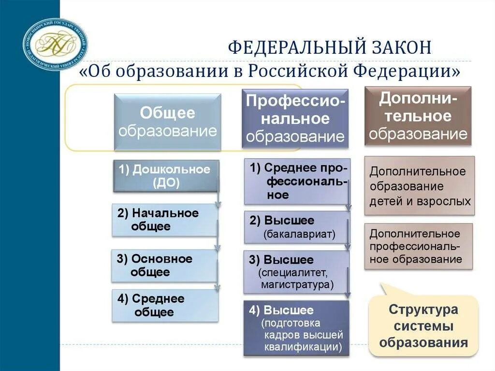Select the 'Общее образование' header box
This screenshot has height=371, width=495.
coord(168,122)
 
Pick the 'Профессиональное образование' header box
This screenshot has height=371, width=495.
coord(295,119)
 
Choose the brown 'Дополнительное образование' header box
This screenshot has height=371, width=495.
coord(418,116)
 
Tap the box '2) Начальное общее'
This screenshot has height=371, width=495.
coord(164,220)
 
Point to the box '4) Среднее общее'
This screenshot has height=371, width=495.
coord(164,306)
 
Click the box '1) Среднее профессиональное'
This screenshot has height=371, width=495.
coord(297,181)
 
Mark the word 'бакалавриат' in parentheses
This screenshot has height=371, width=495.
coord(299,235)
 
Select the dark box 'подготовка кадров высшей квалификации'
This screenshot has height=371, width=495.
coord(296,328)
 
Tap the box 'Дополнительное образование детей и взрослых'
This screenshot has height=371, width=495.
coord(420,186)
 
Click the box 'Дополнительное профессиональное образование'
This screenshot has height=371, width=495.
coord(419,247)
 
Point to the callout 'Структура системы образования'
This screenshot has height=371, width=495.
coord(423,326)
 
